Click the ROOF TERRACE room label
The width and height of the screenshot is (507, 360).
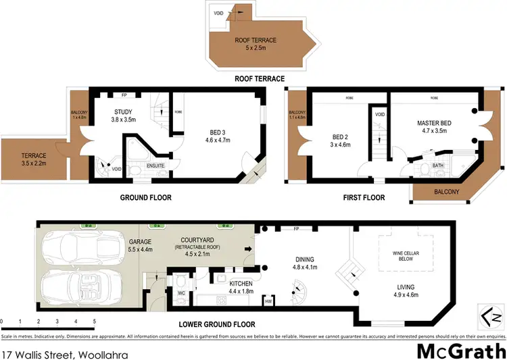pyautogui.click(x=251, y=45)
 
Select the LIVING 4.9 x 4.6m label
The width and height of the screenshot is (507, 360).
pyautogui.click(x=406, y=290)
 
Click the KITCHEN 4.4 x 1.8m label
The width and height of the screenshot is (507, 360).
pyautogui.click(x=241, y=287)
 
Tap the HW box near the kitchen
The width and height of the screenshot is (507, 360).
pyautogui.click(x=268, y=301)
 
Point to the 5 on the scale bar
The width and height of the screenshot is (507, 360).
pyautogui.click(x=95, y=322)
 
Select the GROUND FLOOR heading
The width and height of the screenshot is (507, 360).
pyautogui.click(x=145, y=198)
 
